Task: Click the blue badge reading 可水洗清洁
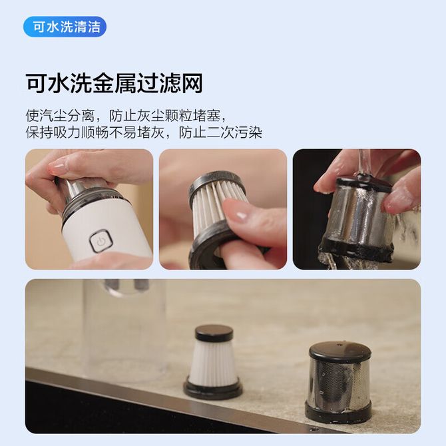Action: pos(65,27)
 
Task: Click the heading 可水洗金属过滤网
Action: pos(114,83)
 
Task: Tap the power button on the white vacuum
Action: pos(101,242)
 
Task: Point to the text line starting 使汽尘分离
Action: pos(127,115)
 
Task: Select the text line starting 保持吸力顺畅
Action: pos(144,132)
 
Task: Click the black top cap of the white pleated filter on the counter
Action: pos(214,333)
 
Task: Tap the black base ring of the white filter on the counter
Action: pos(213,388)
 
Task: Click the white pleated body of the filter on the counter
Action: pos(213,360)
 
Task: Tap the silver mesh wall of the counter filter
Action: pos(338,383)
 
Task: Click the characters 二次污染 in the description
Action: pos(234,132)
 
